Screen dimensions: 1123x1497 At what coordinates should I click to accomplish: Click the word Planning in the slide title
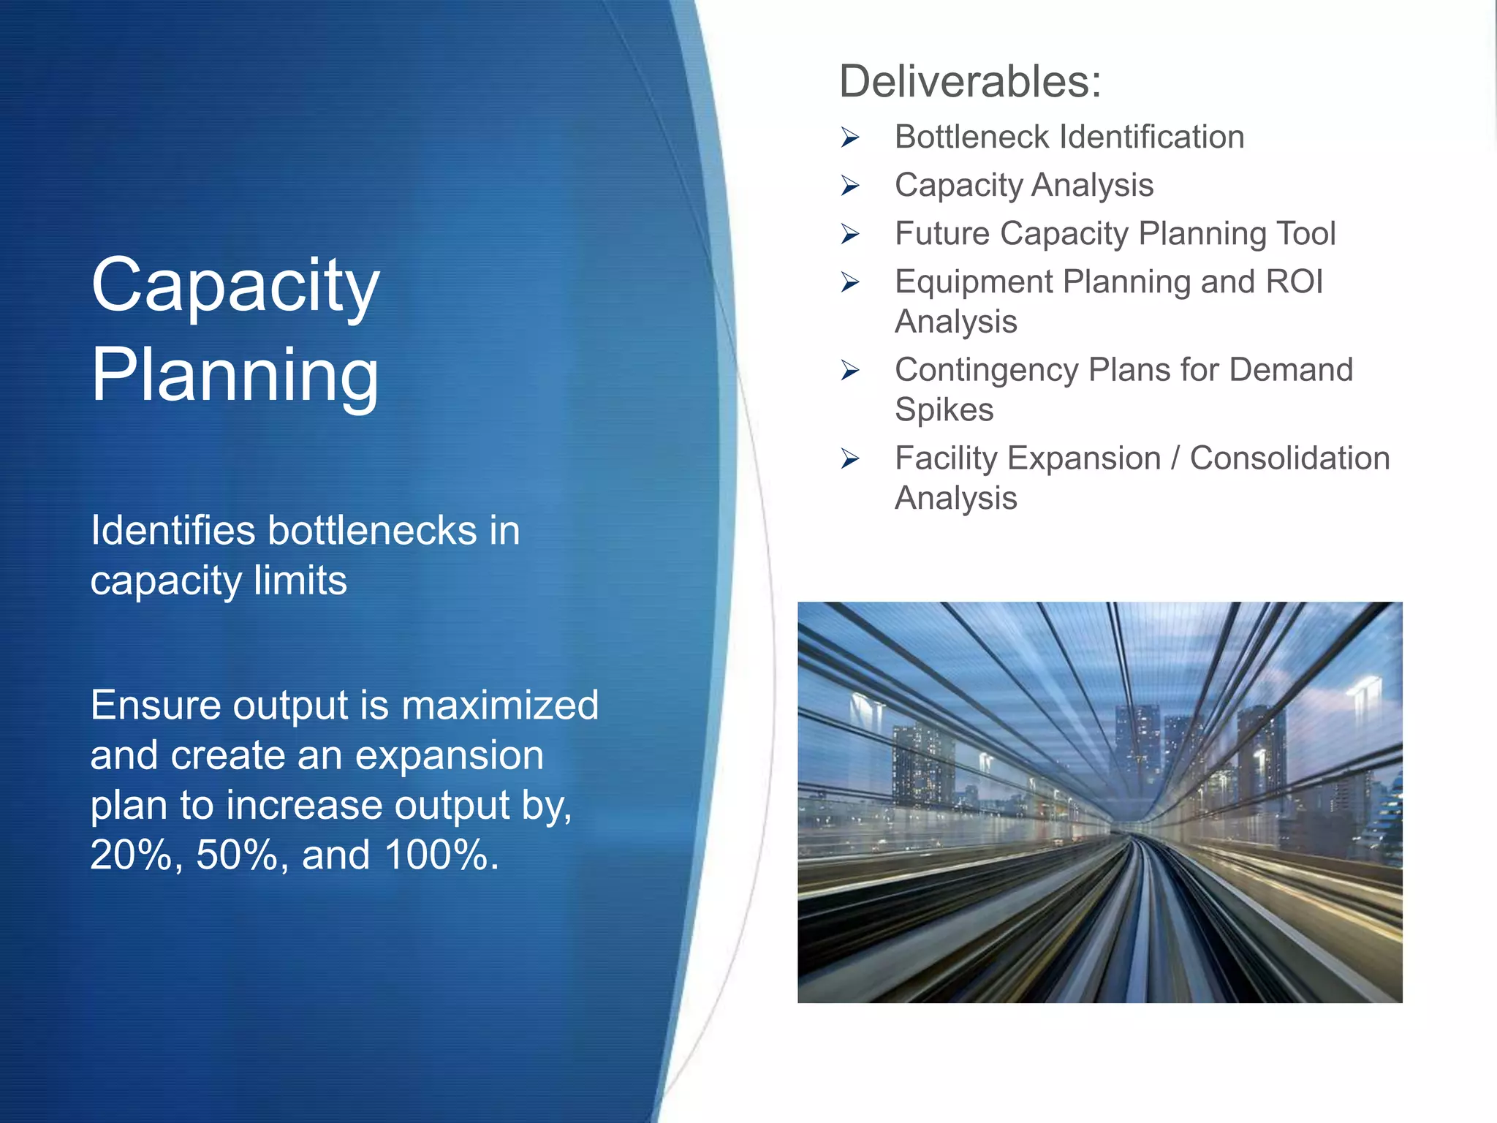235,374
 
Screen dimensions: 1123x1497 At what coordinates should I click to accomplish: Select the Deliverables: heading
969,81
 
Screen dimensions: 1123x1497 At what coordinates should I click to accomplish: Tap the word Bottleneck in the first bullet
972,137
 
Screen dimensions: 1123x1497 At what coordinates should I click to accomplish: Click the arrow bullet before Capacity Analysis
849,186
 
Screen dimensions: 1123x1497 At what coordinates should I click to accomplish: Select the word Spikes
944,409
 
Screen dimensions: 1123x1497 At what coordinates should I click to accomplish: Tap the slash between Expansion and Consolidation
1175,459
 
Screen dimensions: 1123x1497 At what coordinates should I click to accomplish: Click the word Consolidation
1289,459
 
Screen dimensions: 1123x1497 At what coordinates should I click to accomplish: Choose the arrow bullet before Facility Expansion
849,459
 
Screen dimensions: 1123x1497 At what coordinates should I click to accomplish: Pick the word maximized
500,706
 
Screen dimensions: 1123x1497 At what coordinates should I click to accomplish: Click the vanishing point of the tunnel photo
1129,833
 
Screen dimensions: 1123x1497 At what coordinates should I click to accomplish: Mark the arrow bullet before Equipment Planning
849,282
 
